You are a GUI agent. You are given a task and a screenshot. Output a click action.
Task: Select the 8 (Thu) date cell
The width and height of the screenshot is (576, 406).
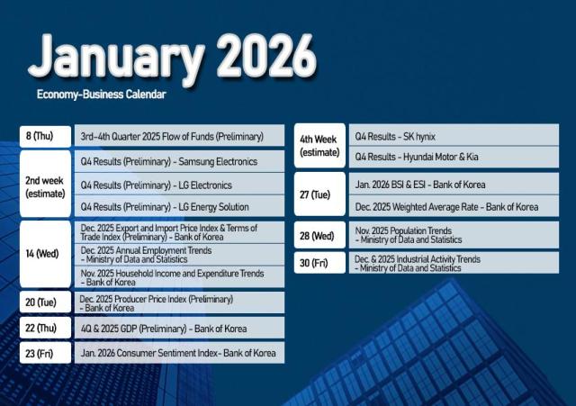point(45,136)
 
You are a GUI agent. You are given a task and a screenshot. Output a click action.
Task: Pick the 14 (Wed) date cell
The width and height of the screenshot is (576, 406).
point(45,254)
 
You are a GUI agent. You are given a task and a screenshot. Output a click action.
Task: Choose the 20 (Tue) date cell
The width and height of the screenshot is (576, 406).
point(45,302)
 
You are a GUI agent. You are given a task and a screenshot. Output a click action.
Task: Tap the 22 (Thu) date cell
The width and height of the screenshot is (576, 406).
point(45,329)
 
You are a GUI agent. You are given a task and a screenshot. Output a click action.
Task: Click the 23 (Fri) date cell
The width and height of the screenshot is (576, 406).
point(45,353)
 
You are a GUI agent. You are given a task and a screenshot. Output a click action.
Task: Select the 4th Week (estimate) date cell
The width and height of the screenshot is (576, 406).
point(319,145)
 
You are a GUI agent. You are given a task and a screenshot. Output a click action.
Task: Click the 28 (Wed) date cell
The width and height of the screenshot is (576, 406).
point(319,235)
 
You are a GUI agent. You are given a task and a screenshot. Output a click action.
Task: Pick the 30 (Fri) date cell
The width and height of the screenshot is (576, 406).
point(319,263)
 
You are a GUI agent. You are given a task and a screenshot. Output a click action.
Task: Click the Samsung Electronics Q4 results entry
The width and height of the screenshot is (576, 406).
point(181,161)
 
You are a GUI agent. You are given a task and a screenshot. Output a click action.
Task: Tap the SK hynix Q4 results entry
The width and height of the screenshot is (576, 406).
point(453,135)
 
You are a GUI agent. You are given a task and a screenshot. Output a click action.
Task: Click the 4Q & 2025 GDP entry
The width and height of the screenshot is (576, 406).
point(181,329)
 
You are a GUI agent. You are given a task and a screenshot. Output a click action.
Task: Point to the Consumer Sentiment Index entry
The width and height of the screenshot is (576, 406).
point(181,353)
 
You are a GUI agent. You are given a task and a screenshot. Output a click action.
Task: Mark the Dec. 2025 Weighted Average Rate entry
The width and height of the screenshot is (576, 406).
point(453,207)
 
